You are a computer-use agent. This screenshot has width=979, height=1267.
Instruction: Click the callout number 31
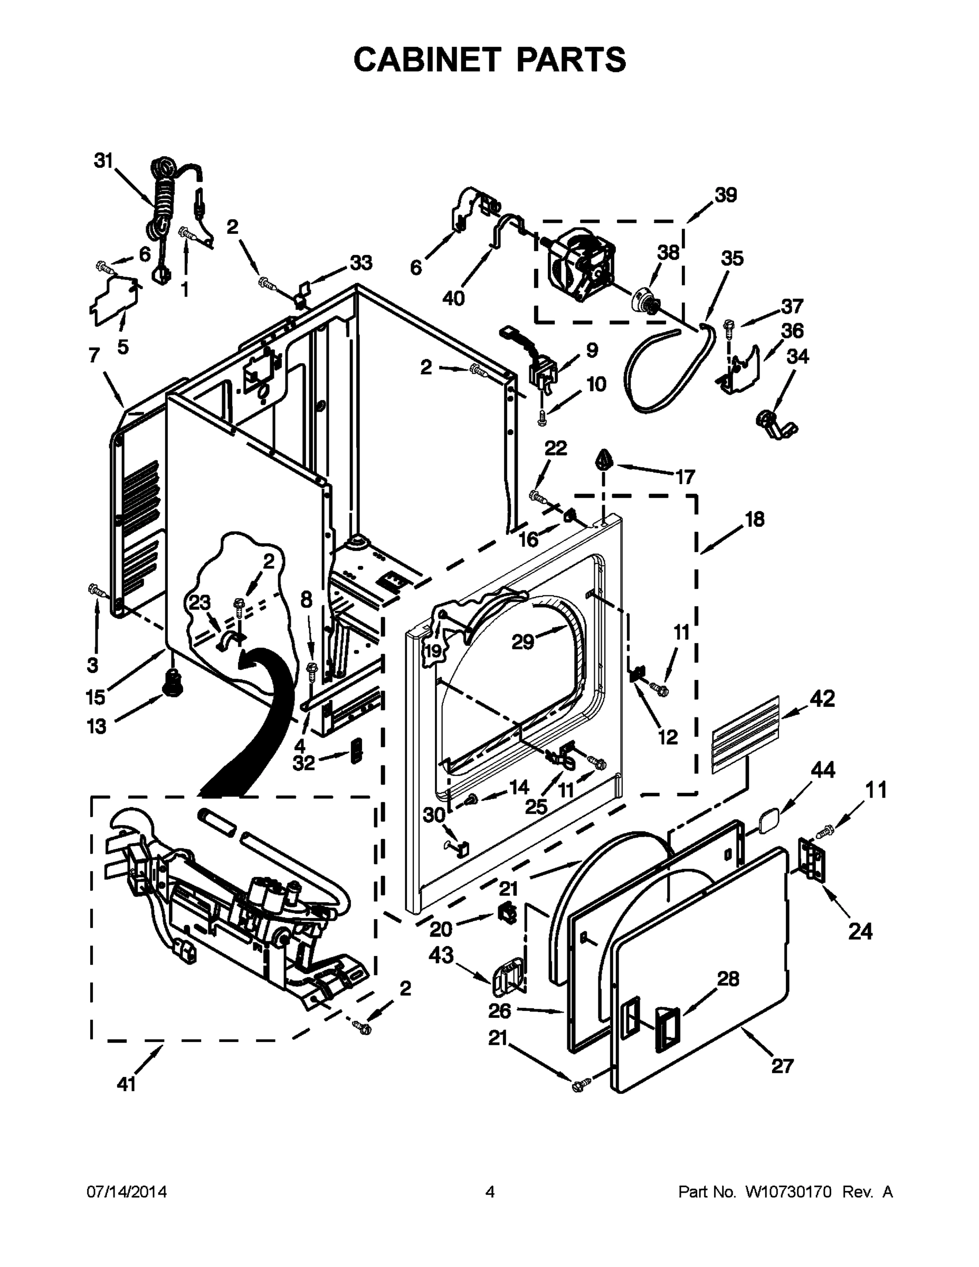[103, 160]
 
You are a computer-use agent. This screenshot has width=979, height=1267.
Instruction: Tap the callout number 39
[725, 195]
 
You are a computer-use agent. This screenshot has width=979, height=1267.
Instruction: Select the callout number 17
[685, 477]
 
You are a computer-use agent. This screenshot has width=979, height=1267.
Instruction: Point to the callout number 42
[823, 698]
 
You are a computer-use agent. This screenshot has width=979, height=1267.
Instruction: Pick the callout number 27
[782, 1066]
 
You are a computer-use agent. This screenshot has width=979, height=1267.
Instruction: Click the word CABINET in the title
[427, 59]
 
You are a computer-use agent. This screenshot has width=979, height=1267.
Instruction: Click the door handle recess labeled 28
[667, 1029]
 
